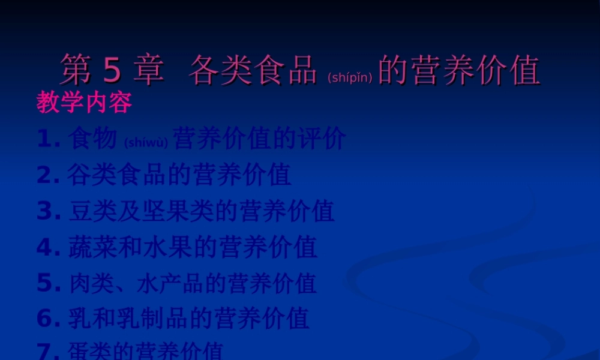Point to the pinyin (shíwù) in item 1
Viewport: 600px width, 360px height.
coord(145,143)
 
